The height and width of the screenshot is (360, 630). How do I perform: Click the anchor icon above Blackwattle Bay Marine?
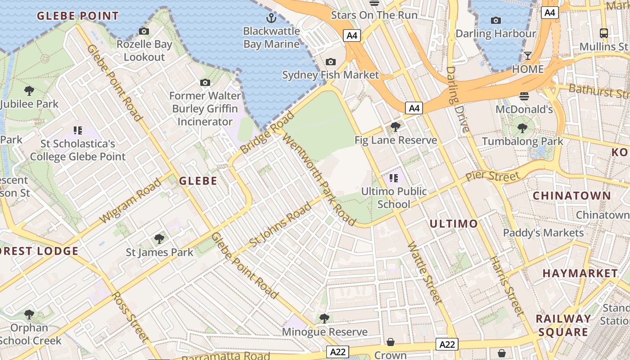click(x=271, y=18)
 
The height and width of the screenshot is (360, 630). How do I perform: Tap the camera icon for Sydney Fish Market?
click(x=331, y=62)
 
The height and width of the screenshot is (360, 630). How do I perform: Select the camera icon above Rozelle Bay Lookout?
click(x=144, y=31)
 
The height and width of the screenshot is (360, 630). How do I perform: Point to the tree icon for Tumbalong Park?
click(x=522, y=128)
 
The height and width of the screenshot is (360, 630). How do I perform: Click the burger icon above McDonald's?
click(x=524, y=96)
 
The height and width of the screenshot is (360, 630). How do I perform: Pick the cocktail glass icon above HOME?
click(x=527, y=56)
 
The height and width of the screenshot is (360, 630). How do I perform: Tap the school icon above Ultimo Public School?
click(x=394, y=178)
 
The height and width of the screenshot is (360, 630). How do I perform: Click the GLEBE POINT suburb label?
click(x=78, y=16)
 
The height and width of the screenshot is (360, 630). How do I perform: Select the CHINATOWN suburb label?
click(x=571, y=196)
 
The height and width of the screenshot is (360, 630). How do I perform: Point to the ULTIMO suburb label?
click(x=453, y=224)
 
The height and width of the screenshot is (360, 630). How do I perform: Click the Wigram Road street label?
click(x=130, y=201)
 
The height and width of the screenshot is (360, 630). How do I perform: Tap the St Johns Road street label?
click(x=280, y=225)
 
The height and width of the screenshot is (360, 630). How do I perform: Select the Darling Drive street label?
click(x=458, y=99)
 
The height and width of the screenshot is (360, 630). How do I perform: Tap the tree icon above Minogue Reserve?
click(x=324, y=319)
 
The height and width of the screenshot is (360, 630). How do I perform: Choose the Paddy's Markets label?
click(x=543, y=233)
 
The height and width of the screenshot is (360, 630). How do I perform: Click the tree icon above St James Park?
click(x=159, y=238)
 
